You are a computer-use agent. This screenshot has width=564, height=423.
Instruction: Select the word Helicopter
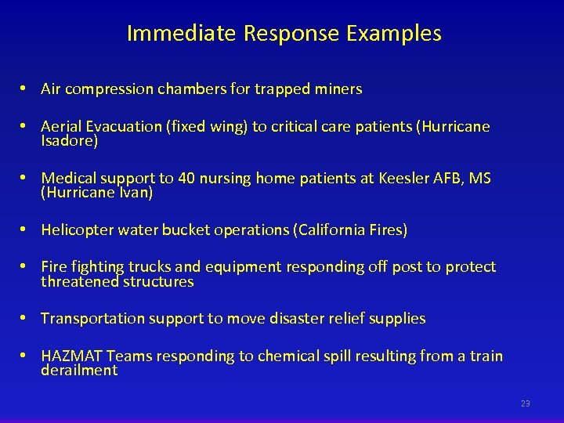(77, 230)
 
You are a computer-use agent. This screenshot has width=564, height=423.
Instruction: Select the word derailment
(79, 371)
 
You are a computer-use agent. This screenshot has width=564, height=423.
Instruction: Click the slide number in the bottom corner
(525, 403)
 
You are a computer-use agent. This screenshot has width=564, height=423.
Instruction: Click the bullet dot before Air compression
(26, 89)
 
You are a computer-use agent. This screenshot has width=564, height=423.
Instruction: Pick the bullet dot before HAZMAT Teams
(26, 356)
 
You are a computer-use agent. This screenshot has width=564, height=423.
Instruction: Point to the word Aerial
(62, 127)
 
